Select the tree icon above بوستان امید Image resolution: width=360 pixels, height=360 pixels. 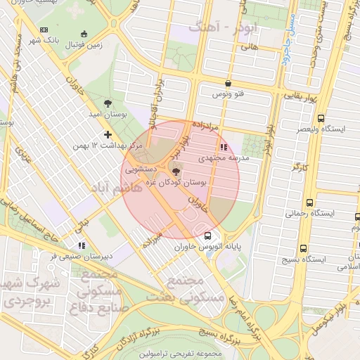[x=107, y=103]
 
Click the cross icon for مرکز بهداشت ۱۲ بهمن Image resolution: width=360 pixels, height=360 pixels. [x=107, y=134]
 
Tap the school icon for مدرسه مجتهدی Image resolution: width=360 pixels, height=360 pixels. [x=224, y=148]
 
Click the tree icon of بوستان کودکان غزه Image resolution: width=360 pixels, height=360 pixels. [x=175, y=170]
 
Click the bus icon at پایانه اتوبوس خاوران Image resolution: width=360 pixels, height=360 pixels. [x=207, y=236]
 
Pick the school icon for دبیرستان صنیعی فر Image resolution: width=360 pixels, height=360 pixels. [x=82, y=245]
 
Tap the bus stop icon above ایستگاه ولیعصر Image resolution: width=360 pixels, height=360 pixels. [x=321, y=118]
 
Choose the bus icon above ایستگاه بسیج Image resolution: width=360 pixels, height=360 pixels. [x=303, y=248]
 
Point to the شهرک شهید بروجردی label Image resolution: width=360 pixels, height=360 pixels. [x=27, y=294]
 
